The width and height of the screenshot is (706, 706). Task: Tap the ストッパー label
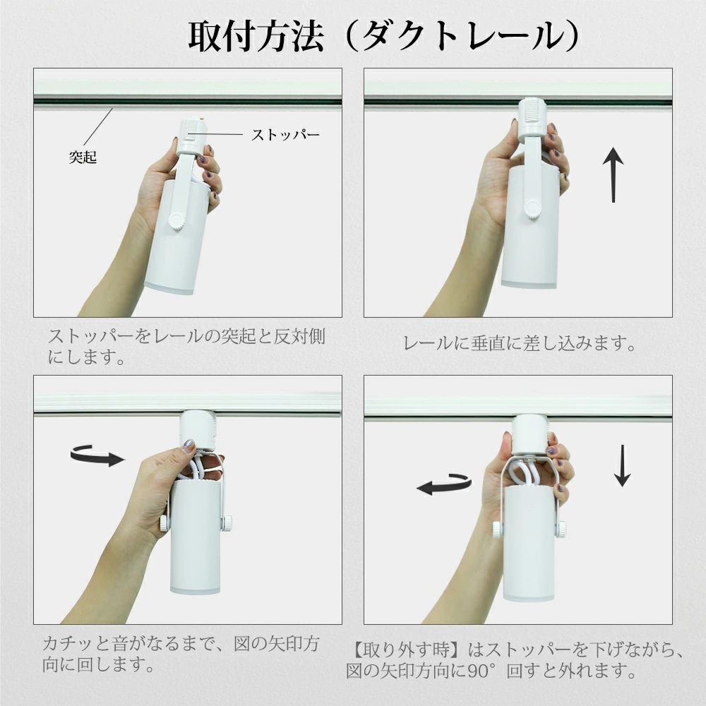[x=286, y=134]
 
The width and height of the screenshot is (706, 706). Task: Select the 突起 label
[x=83, y=157]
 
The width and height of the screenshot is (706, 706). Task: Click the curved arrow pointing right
[x=97, y=455]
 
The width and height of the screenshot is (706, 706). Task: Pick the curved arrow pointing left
[x=443, y=484]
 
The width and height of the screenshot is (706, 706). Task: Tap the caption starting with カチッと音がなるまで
[x=180, y=654]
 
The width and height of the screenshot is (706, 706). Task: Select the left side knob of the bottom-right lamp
[x=497, y=529]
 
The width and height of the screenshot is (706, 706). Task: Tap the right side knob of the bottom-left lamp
[x=227, y=523]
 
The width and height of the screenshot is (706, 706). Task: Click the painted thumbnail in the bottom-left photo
[x=189, y=445]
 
